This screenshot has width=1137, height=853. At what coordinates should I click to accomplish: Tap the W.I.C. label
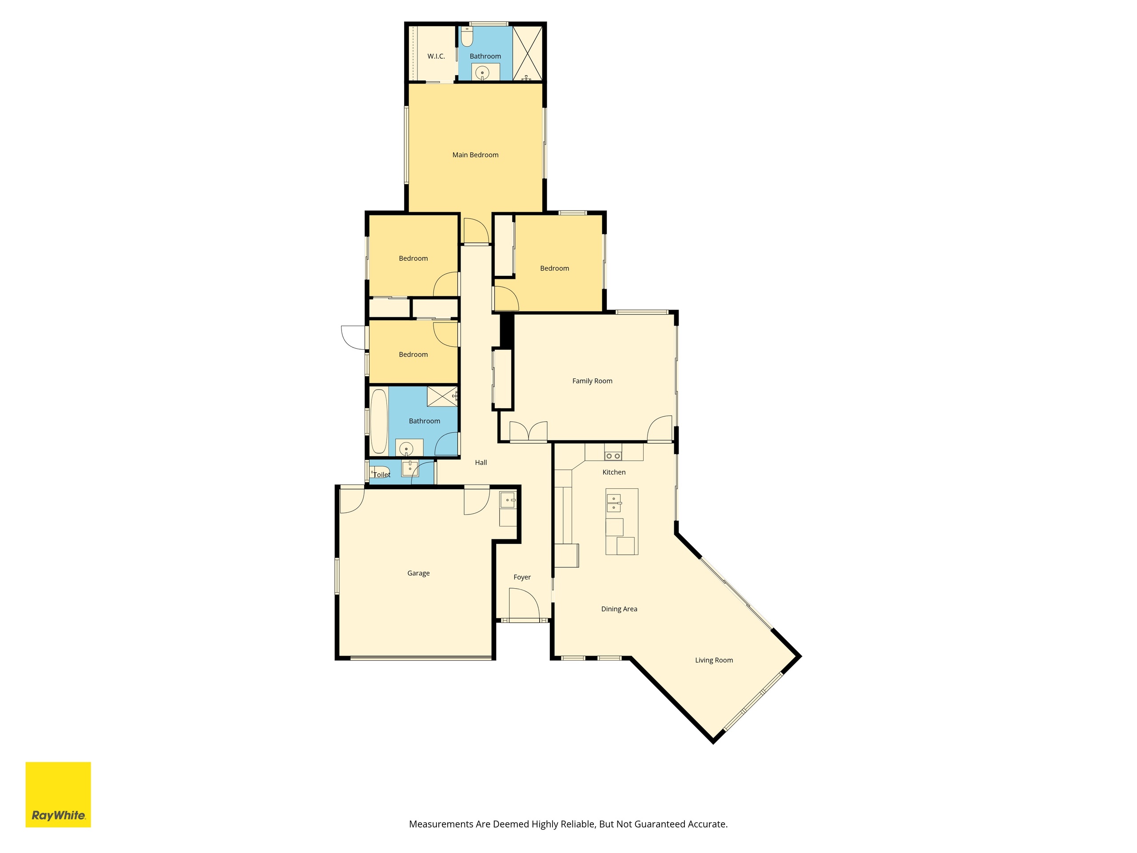click(436, 56)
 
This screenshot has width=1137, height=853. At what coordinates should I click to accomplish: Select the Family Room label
click(592, 381)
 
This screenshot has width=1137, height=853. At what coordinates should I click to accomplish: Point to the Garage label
click(418, 573)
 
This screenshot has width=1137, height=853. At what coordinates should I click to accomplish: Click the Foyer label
click(522, 578)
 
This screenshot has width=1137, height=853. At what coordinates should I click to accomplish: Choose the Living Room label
click(714, 660)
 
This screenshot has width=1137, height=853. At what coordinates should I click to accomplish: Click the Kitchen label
click(614, 472)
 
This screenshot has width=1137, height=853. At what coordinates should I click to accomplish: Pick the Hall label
click(481, 462)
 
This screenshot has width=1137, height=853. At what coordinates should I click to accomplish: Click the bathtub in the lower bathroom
click(379, 421)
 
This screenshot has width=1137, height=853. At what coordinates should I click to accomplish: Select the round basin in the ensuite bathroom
click(482, 73)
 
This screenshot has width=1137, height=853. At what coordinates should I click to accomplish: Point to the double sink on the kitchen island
click(614, 503)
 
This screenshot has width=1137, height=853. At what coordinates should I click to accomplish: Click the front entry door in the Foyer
click(524, 604)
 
